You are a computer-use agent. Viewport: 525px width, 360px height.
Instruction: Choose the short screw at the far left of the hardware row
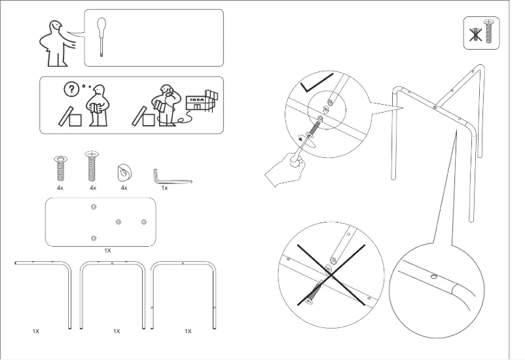[x=60, y=170]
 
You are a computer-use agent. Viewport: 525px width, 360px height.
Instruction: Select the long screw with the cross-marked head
[x=92, y=167]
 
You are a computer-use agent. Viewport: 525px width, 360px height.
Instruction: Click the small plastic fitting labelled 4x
[x=124, y=172]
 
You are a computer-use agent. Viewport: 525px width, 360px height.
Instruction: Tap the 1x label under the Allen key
[x=164, y=188]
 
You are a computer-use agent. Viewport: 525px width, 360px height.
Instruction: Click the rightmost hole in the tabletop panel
[x=144, y=223]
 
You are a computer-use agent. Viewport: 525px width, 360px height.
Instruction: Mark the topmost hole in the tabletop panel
[x=94, y=207]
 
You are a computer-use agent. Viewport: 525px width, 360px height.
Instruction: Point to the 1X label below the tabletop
[x=107, y=250]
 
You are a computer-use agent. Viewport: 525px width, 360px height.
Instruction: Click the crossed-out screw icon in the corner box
[x=482, y=33]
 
